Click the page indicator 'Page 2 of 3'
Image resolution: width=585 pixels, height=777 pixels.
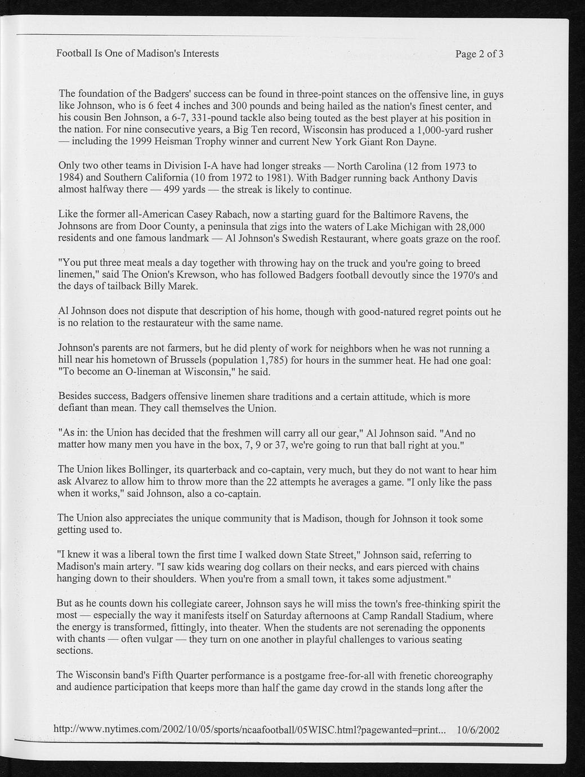pyautogui.click(x=479, y=54)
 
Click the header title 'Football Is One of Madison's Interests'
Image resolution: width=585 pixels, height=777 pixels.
pyautogui.click(x=137, y=54)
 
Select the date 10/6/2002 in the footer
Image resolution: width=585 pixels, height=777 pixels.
pyautogui.click(x=478, y=730)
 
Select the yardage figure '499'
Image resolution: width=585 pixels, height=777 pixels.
pyautogui.click(x=170, y=190)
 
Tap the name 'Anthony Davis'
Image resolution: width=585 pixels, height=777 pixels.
pyautogui.click(x=445, y=178)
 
